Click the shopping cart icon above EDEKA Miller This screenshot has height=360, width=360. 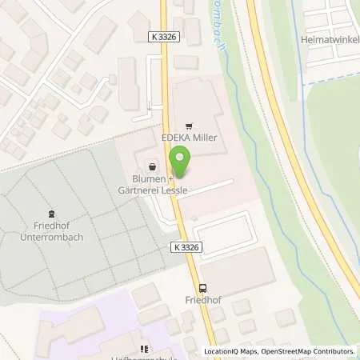tap(190, 126)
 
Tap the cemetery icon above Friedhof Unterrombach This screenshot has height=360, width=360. tap(52, 213)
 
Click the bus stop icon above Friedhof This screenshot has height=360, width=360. tap(202, 289)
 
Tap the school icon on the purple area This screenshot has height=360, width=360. tap(145, 349)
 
